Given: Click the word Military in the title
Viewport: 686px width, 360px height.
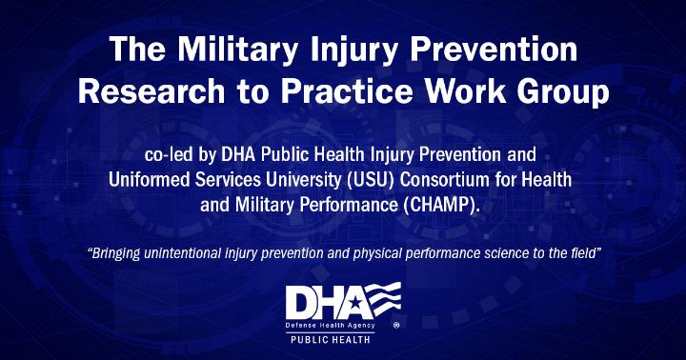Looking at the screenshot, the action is [238, 50].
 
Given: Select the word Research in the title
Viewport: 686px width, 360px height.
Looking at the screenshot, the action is [151, 91].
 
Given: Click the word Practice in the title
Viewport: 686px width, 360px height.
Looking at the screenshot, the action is [347, 91].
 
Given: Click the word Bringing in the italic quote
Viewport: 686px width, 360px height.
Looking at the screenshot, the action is [113, 253].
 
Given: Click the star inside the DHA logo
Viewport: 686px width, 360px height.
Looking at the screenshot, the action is [354, 303].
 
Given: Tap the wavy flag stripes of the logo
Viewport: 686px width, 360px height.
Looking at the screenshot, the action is [383, 298].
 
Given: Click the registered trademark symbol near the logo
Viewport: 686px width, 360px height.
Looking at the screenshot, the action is [396, 325].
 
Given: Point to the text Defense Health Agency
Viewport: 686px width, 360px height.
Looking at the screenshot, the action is [330, 326].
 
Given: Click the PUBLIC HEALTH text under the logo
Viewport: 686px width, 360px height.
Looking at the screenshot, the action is [331, 339].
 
